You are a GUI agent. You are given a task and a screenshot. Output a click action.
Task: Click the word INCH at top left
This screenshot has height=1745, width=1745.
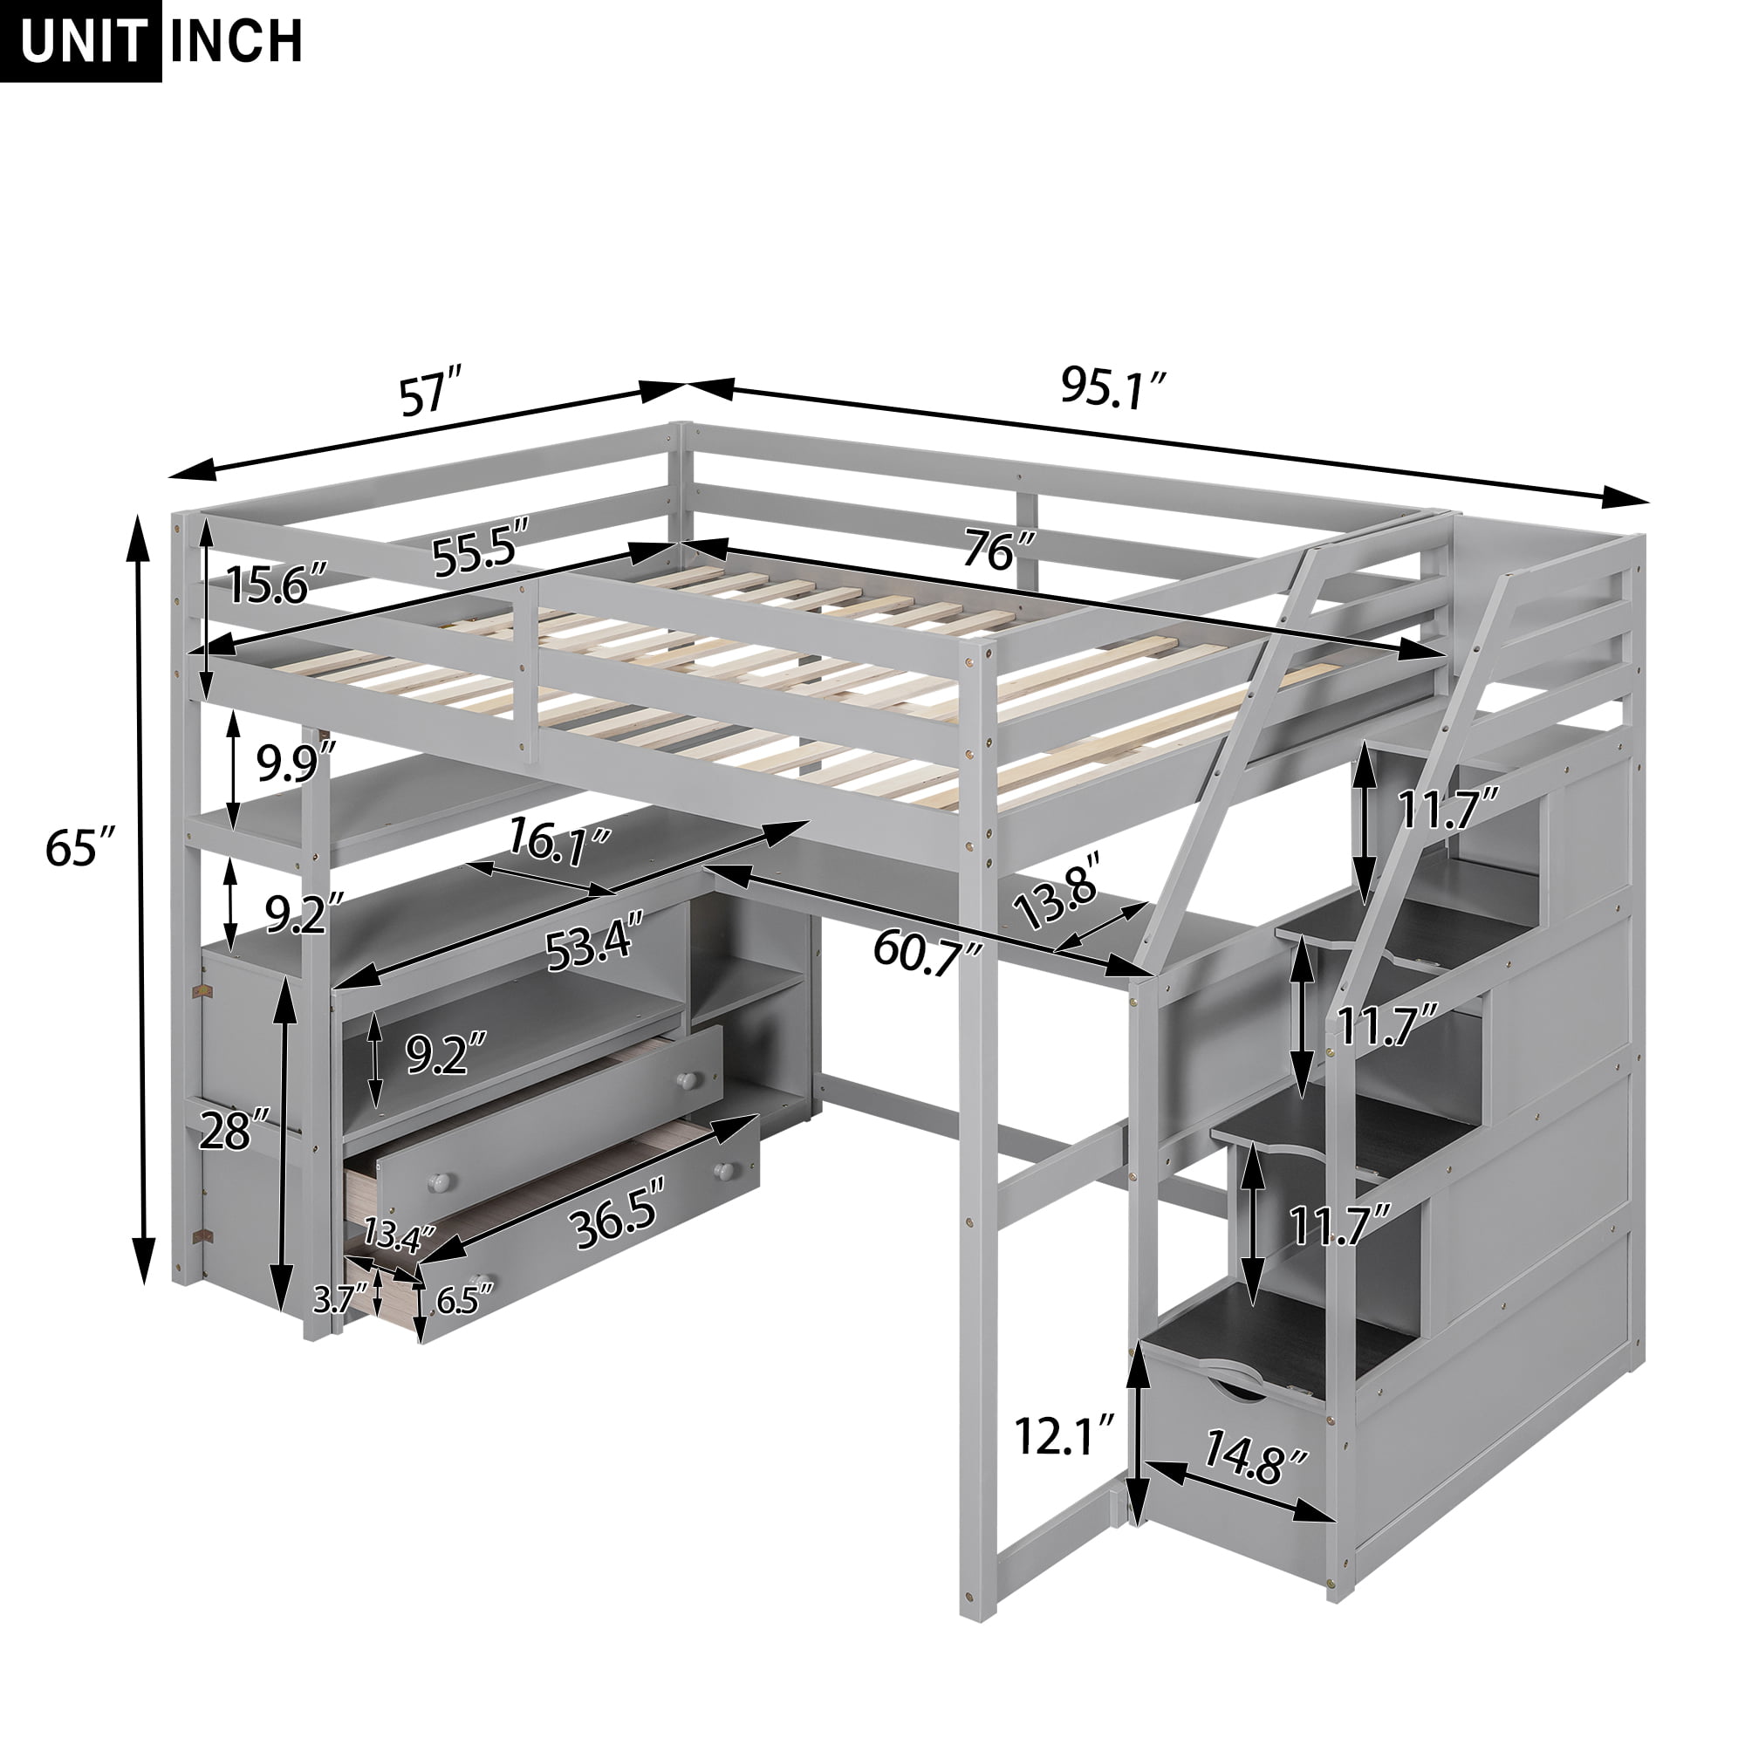pos(236,41)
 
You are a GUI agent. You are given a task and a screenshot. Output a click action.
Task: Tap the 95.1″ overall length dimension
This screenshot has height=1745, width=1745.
pos(1113,389)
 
